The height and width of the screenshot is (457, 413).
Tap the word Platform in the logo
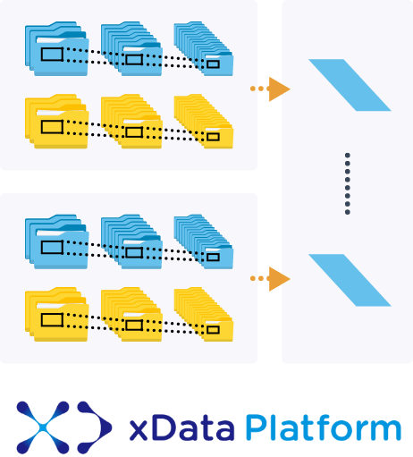(324, 427)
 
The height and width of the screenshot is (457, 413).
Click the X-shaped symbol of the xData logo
(43, 427)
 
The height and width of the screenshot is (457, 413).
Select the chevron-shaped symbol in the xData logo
(96, 427)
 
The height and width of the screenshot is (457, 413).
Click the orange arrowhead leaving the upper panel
(279, 89)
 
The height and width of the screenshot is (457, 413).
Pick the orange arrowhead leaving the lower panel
(279, 279)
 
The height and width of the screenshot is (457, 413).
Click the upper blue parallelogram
(350, 85)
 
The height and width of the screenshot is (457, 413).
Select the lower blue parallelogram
(350, 280)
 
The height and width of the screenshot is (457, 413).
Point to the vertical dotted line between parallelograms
(348, 183)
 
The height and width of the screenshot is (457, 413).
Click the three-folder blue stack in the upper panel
(57, 48)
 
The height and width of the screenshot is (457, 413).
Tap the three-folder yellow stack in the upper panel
(57, 122)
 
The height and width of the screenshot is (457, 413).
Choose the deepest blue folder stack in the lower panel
(204, 241)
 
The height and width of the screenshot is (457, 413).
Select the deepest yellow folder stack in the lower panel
(204, 314)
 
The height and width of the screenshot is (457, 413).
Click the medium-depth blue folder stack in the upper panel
(131, 48)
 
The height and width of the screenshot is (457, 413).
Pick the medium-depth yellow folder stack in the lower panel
(131, 314)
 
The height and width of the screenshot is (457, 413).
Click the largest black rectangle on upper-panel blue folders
(52, 54)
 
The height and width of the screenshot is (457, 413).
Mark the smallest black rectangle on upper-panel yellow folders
(213, 137)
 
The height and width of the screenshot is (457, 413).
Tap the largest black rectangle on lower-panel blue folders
(52, 247)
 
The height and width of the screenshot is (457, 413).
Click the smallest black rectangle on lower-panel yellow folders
(213, 330)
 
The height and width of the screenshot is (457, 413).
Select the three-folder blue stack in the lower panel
(57, 241)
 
